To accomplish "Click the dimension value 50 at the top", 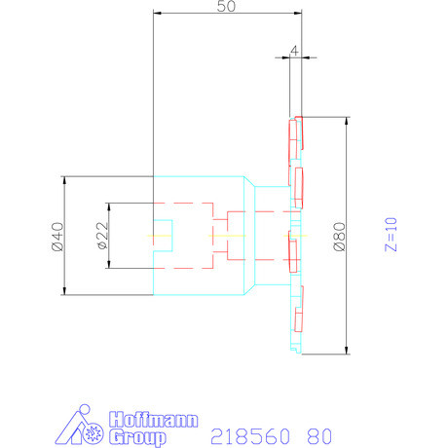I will tap(227, 7).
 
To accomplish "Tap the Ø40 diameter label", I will tap(56, 236).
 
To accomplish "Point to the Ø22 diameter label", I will tap(101, 236).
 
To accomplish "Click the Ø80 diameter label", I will tap(339, 236).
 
